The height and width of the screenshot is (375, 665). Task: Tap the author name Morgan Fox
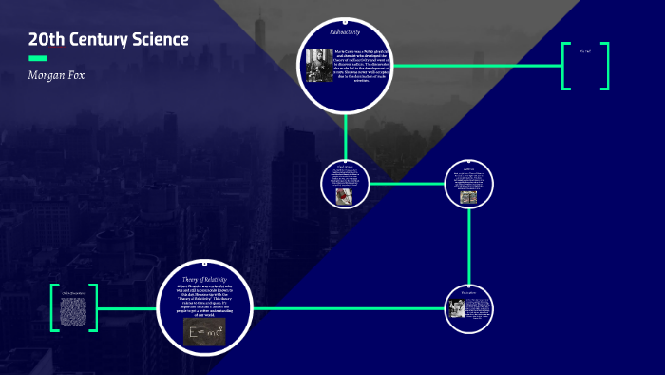click(x=57, y=74)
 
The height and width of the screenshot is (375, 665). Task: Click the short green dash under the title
click(x=38, y=58)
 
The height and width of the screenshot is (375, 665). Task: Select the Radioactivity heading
click(x=345, y=33)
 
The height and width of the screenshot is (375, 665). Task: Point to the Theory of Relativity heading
click(x=204, y=278)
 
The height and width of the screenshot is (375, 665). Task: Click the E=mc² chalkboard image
click(x=204, y=330)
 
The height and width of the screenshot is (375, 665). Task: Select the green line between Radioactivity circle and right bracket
click(x=475, y=66)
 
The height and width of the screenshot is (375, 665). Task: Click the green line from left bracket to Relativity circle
click(x=127, y=307)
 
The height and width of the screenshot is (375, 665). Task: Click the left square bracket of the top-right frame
click(x=566, y=66)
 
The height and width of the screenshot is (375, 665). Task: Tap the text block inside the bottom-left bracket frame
click(x=74, y=307)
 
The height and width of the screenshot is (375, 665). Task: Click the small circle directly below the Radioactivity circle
click(x=344, y=184)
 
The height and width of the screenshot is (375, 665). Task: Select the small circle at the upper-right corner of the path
click(x=468, y=184)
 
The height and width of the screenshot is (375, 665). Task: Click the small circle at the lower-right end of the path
click(x=468, y=308)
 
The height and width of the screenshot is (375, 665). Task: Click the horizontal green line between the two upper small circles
click(x=407, y=184)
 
